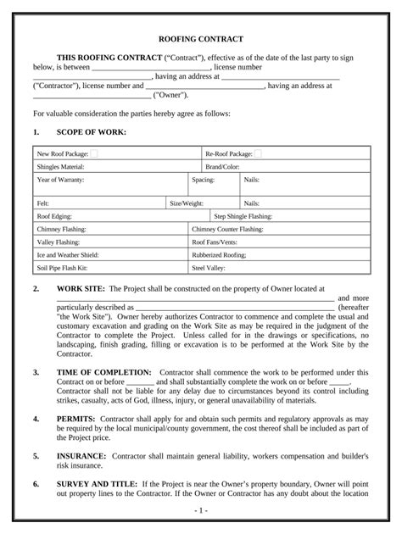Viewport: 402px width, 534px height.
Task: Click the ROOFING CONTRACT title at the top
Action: tap(201, 39)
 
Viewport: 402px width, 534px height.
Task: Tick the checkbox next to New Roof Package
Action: tap(93, 153)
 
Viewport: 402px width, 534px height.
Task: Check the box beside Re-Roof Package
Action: tap(258, 153)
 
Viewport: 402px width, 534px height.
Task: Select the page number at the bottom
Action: tap(200, 512)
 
